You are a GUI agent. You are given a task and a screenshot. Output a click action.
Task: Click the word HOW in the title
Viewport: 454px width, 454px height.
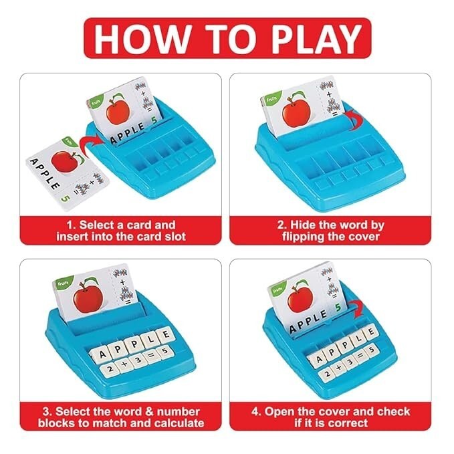click(x=141, y=38)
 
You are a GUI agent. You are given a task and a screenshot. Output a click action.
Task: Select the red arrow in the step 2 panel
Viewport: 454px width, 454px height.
click(x=354, y=120)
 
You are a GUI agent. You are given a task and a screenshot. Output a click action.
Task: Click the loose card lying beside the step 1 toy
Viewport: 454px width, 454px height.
click(x=67, y=173)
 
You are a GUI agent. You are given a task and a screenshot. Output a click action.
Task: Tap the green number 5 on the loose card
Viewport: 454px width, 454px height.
click(x=66, y=198)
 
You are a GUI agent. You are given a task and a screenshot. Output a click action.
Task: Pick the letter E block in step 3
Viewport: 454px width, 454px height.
click(x=166, y=335)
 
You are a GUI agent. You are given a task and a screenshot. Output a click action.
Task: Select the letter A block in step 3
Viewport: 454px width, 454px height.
click(x=101, y=354)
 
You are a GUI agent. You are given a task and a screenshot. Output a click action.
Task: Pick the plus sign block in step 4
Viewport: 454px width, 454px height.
click(x=339, y=368)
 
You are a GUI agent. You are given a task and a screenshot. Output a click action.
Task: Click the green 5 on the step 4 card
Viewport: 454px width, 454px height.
click(x=338, y=308)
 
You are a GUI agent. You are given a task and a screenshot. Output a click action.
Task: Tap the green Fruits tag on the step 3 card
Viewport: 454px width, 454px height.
click(x=63, y=283)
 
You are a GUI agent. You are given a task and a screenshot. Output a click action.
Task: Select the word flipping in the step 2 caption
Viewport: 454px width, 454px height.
click(x=303, y=237)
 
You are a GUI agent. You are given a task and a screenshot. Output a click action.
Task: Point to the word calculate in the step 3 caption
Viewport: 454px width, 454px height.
click(x=179, y=423)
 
